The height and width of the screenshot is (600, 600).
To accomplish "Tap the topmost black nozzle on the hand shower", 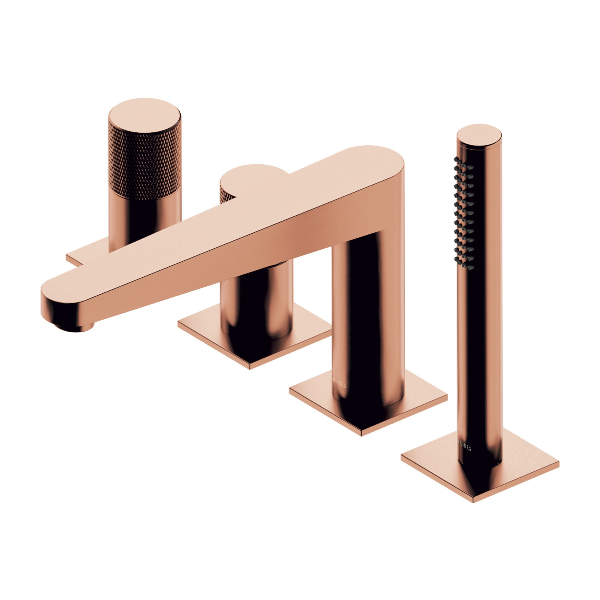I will point(457,160).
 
